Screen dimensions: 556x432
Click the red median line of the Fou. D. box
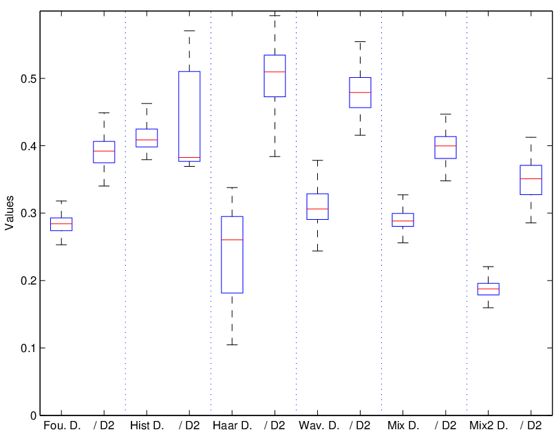coord(61,224)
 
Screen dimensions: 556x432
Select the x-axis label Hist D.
coord(147,425)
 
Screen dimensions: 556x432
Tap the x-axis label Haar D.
coord(233,425)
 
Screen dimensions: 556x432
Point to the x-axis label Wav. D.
coord(319,425)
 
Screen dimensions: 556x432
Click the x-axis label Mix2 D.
coord(489,425)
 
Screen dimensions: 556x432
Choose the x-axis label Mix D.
coord(403,425)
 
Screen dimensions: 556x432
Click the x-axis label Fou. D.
coord(62,425)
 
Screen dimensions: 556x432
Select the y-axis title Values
coord(9,213)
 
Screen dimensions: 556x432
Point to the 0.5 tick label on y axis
coord(28,79)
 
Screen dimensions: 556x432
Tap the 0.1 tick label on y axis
coord(28,348)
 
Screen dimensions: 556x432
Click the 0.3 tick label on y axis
coord(28,213)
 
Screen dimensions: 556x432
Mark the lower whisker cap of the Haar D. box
coord(233,344)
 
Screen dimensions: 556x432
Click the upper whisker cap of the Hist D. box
coord(147,103)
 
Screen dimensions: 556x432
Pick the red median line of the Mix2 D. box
coord(489,289)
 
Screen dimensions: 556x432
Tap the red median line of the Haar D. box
coord(233,240)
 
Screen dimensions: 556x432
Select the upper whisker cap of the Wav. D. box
coord(317,161)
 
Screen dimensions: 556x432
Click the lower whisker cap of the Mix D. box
coord(403,243)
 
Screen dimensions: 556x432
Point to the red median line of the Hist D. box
coord(147,140)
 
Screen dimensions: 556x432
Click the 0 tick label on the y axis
coord(33,415)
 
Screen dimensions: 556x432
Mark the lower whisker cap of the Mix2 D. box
coord(489,308)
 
